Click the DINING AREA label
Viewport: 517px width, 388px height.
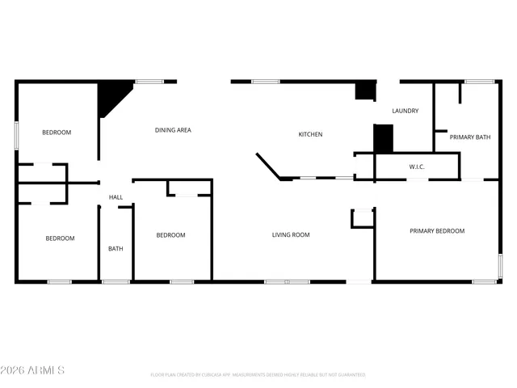tap(173, 129)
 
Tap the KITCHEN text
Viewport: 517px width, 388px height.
tap(310, 134)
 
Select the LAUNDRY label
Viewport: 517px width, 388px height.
tap(405, 111)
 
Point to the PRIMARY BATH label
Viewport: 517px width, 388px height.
tap(469, 137)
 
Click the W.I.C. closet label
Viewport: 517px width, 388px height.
tap(417, 167)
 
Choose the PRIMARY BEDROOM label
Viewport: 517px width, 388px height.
tap(437, 231)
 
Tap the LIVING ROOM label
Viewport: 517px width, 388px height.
tap(291, 235)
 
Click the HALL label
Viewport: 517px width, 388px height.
tap(116, 197)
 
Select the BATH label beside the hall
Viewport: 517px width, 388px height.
tap(116, 248)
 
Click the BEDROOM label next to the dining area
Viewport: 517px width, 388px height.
tap(57, 133)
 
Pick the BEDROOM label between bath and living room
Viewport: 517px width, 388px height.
tap(170, 235)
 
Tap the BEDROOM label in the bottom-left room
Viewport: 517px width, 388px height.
tap(60, 238)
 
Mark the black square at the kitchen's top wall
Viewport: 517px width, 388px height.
tap(365, 91)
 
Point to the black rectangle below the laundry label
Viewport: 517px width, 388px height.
tap(383, 137)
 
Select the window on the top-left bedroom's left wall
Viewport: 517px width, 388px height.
tap(16, 134)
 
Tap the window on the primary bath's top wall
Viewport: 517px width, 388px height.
tap(479, 81)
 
